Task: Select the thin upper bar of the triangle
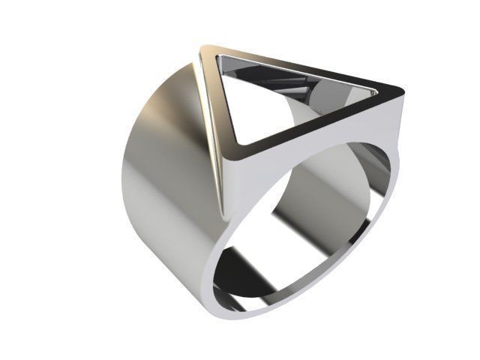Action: tap(300, 67)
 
